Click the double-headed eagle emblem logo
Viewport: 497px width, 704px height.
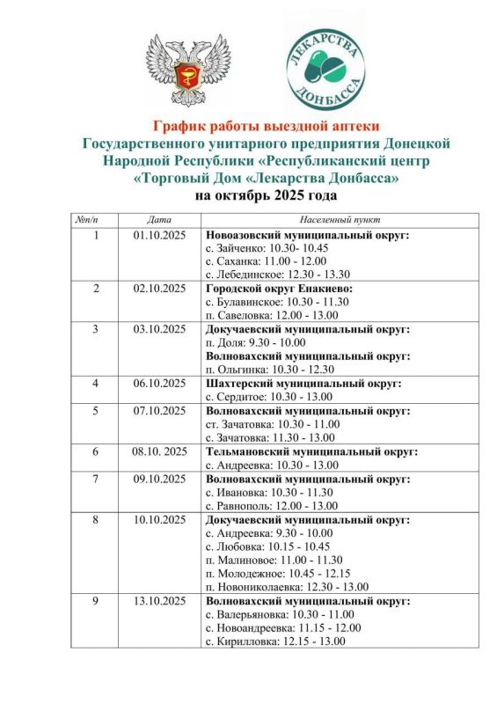(x=185, y=70)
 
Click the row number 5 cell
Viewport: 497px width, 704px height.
(x=97, y=411)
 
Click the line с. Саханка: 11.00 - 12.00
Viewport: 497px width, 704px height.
(x=264, y=262)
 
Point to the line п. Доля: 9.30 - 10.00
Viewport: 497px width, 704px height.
(x=255, y=343)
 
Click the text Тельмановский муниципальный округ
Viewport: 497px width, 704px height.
(x=311, y=451)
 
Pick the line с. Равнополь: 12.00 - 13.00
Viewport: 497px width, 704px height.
(x=270, y=506)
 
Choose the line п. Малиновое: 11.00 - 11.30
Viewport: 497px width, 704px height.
(x=274, y=560)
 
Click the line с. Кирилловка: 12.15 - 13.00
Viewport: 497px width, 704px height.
(x=274, y=642)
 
